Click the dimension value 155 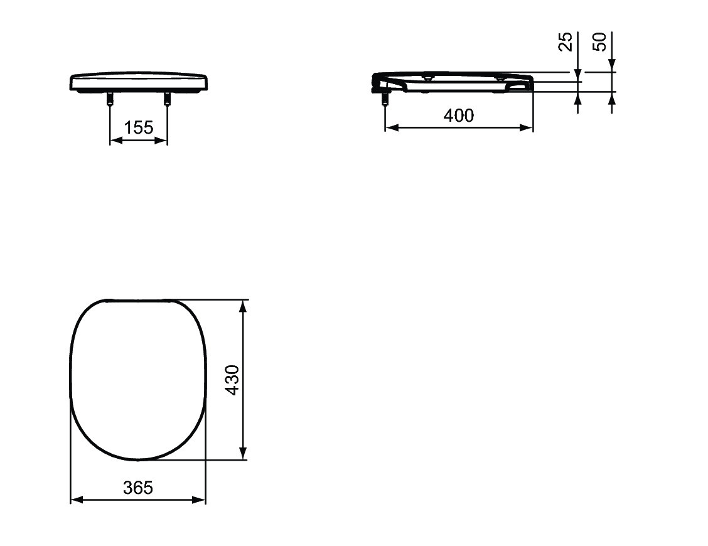click(139, 128)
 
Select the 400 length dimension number click(459, 115)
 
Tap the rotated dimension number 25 click(566, 41)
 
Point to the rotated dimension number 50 click(599, 41)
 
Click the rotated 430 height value click(232, 380)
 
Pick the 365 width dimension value click(138, 488)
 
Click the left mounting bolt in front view click(110, 99)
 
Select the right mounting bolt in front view click(167, 99)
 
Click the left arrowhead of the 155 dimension click(115, 141)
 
